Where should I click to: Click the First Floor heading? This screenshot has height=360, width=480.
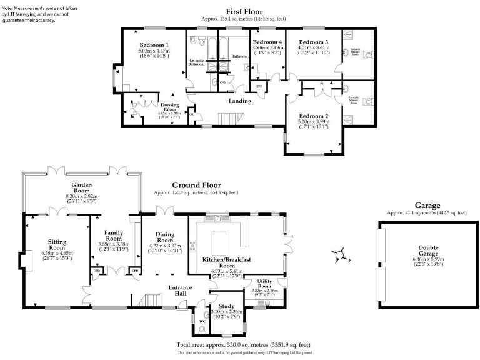tap(244, 11)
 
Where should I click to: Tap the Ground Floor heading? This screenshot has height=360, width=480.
tap(196, 186)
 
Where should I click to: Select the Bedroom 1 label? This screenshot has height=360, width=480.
tap(154, 46)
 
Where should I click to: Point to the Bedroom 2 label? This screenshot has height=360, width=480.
tap(313, 116)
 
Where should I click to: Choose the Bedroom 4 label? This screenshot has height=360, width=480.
tap(267, 42)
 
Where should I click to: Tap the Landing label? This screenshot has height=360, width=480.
tap(239, 101)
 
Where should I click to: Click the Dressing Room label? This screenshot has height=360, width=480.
tap(170, 107)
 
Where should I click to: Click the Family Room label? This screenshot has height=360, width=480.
tap(113, 235)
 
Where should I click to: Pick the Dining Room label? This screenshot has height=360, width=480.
tap(164, 237)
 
